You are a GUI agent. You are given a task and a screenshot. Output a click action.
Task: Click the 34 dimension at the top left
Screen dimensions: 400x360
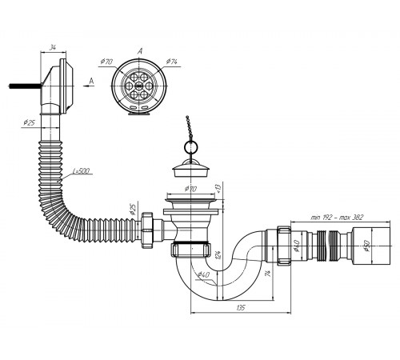click(53, 48)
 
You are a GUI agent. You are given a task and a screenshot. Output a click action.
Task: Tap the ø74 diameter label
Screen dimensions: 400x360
click(171, 62)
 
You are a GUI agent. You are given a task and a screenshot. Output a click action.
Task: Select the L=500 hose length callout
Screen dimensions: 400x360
click(82, 170)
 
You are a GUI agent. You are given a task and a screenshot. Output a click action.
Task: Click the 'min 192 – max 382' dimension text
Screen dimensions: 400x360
click(337, 218)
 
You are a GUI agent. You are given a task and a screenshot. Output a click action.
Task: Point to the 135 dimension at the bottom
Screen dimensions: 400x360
click(241, 307)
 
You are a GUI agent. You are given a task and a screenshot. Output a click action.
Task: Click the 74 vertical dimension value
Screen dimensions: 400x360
click(268, 273)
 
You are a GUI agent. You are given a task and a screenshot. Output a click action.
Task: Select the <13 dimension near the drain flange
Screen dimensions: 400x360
click(218, 188)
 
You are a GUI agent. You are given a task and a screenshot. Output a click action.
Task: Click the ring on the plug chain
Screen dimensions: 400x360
click(191, 146)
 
